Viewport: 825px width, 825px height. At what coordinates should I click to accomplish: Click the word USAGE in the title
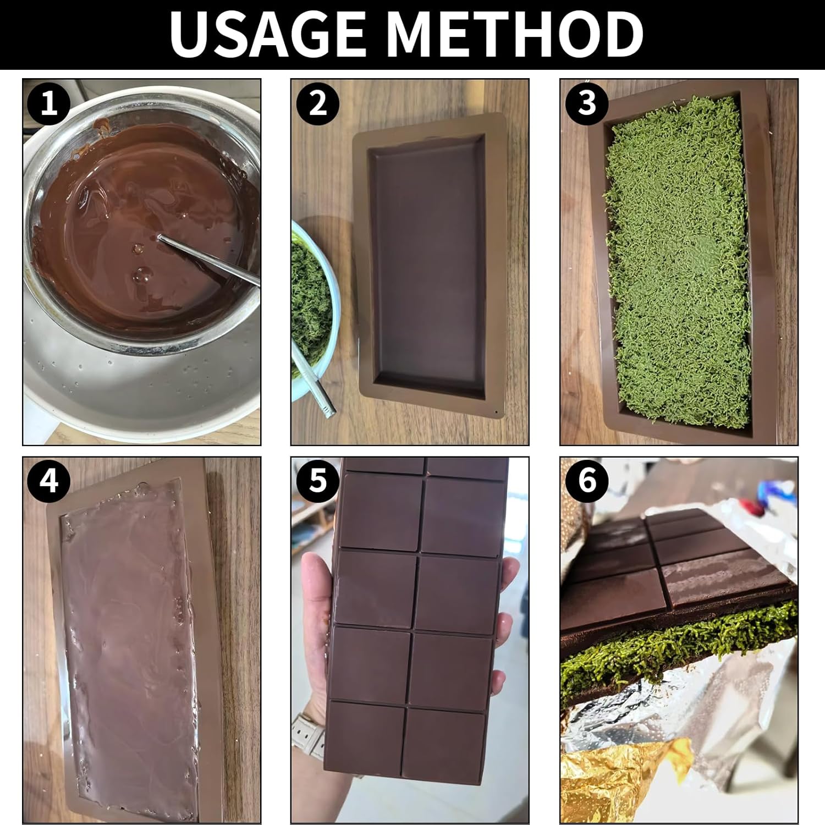[x=267, y=34]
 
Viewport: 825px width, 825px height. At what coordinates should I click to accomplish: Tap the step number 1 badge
[x=49, y=103]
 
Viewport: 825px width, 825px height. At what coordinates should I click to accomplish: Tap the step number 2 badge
[x=318, y=103]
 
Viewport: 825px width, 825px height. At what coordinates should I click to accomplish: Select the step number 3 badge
[x=587, y=103]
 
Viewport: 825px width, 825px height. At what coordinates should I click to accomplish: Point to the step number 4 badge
[x=49, y=481]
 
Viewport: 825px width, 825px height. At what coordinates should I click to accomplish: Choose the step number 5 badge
[x=318, y=481]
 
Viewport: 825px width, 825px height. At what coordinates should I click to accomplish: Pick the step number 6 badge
[x=587, y=481]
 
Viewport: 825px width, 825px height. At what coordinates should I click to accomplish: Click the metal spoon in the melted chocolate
[x=208, y=259]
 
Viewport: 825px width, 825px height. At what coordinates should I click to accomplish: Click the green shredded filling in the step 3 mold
[x=680, y=258]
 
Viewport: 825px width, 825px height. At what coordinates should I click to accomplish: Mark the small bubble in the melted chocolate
[x=141, y=273]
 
